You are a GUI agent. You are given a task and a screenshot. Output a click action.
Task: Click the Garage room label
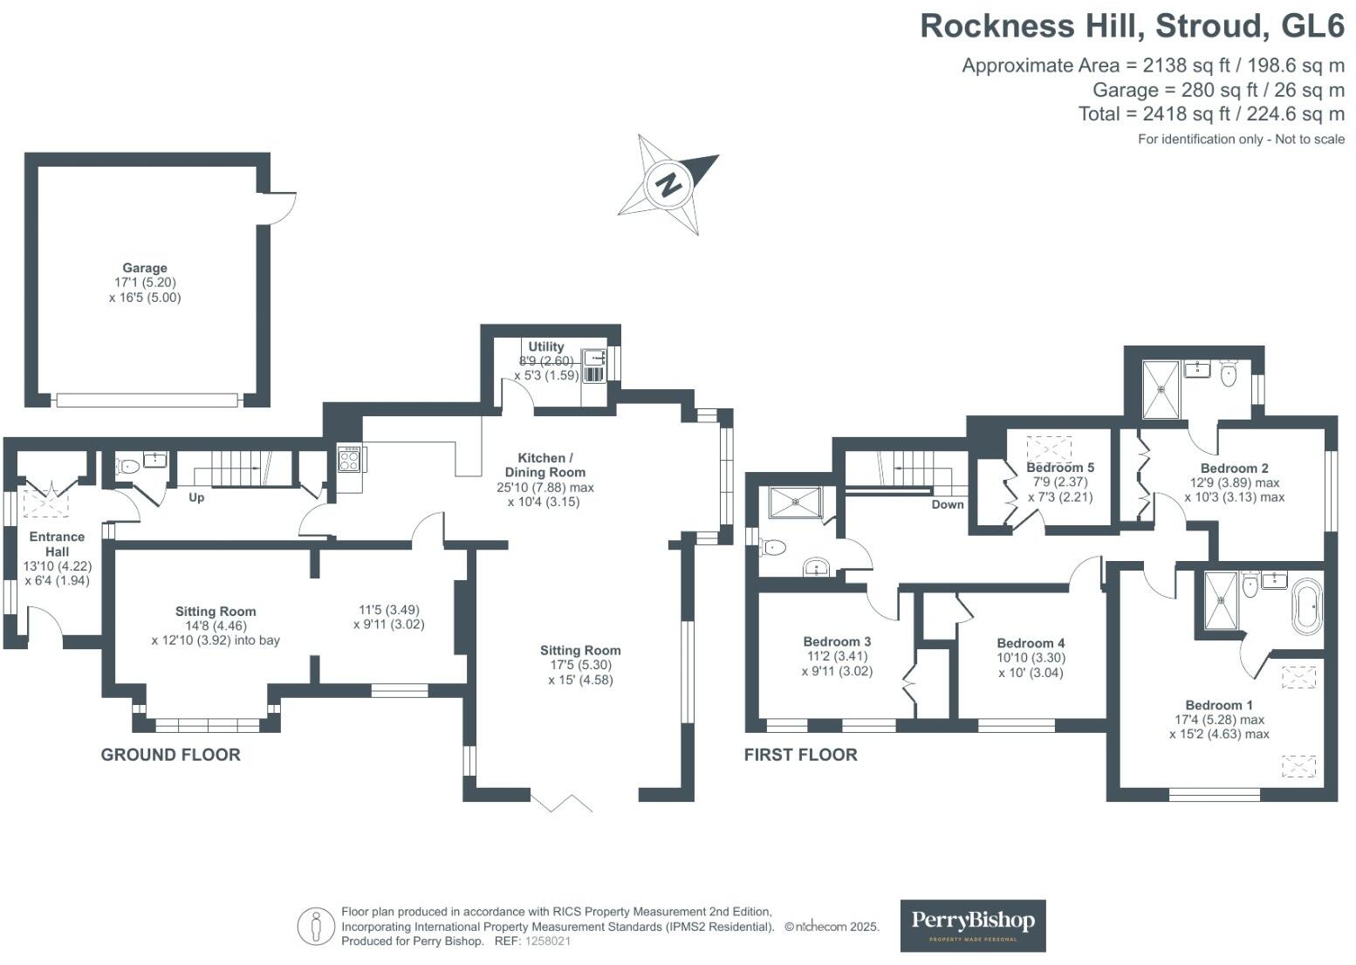(145, 268)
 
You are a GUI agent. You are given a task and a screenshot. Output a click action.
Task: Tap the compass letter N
(669, 184)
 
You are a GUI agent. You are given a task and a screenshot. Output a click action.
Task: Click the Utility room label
(546, 346)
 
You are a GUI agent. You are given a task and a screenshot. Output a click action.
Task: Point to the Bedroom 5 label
(1060, 467)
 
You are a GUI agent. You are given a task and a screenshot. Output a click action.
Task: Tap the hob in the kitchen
(349, 459)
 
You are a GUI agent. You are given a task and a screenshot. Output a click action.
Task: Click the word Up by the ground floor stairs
(196, 497)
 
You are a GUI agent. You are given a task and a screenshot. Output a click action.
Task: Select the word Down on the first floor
(948, 504)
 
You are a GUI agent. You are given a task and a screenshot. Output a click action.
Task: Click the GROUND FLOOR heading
(170, 755)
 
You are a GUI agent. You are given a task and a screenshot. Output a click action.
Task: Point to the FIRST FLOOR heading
(800, 755)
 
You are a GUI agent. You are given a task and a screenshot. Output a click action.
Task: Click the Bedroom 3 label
(837, 641)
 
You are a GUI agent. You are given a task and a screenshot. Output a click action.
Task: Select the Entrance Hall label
(58, 544)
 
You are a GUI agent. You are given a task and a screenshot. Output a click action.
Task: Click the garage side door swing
(281, 207)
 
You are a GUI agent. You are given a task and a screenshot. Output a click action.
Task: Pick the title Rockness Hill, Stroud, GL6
(1132, 26)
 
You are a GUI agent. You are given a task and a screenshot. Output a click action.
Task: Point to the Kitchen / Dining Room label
(545, 464)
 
